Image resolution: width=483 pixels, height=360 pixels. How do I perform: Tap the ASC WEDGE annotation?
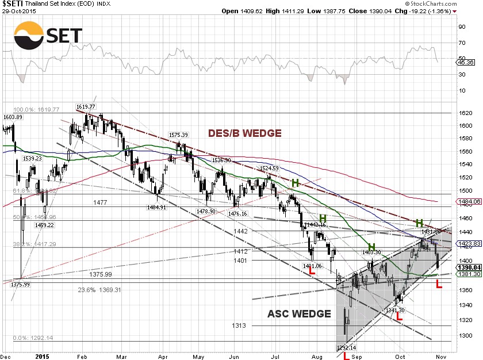click(299, 313)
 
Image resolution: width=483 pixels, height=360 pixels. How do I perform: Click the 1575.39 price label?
click(179, 135)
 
